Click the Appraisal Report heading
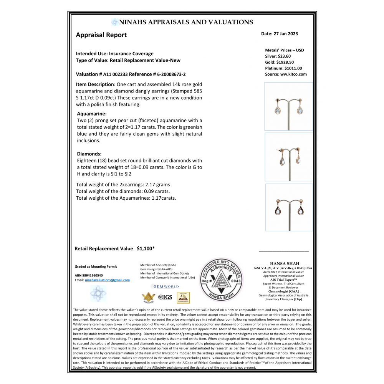click(x=101, y=35)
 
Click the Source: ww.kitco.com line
click(x=286, y=74)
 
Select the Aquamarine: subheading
click(x=92, y=114)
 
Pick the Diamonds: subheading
click(x=89, y=154)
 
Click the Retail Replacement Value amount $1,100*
click(x=146, y=248)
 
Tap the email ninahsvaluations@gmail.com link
click(x=107, y=280)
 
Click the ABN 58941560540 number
click(x=89, y=275)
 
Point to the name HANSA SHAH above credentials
click(x=282, y=264)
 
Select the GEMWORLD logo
click(x=166, y=286)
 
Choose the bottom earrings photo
click(x=289, y=207)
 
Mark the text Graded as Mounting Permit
click(x=96, y=266)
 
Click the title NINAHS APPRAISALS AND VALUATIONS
click(x=186, y=22)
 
